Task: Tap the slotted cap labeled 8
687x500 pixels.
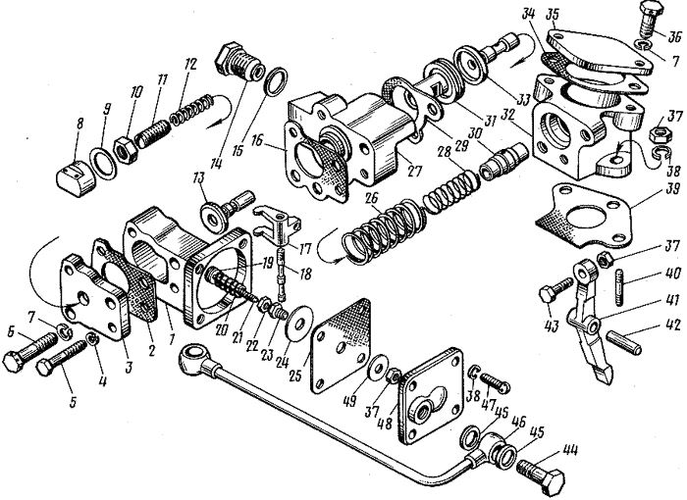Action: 76,180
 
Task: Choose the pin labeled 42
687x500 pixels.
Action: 624,342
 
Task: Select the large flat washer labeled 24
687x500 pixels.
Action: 299,325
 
